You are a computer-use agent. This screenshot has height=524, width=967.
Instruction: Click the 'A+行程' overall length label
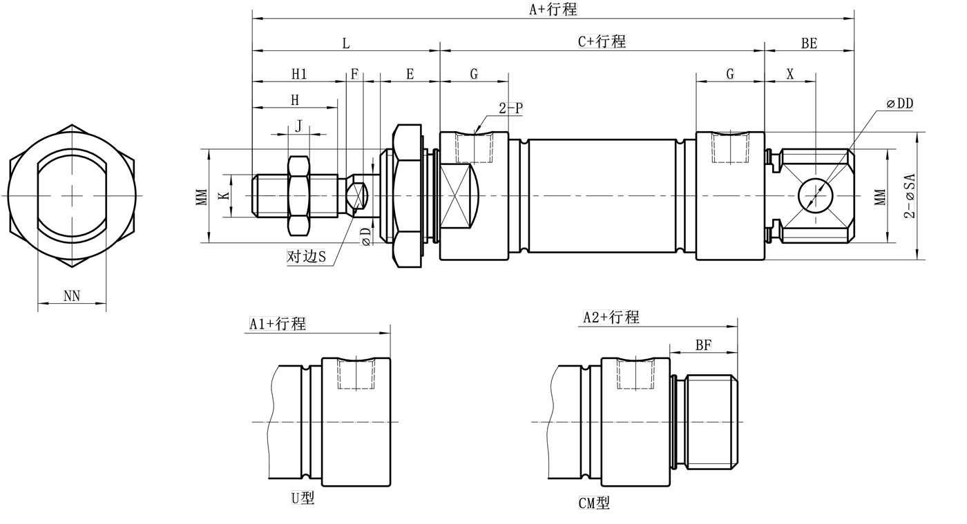point(553,10)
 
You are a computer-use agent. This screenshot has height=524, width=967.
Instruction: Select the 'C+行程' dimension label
point(602,41)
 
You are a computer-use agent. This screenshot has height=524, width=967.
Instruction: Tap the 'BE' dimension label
point(809,43)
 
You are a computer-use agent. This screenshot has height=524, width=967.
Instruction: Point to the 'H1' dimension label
point(298,74)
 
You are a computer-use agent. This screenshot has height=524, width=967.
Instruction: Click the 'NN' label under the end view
point(72,296)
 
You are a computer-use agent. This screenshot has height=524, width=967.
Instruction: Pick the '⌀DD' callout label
point(899,104)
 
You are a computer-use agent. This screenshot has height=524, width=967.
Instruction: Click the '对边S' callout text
point(306,257)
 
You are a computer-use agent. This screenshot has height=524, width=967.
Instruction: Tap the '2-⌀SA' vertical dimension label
point(910,195)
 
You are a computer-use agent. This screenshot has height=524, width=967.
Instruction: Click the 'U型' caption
point(303,498)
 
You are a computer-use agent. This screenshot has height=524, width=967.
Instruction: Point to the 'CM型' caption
point(594,503)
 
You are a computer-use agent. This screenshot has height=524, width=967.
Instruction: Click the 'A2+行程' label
point(611,318)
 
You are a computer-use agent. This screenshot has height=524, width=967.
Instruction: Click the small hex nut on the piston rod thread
point(298,196)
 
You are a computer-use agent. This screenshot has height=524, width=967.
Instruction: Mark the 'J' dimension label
point(298,126)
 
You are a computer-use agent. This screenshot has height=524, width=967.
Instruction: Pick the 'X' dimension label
point(790,74)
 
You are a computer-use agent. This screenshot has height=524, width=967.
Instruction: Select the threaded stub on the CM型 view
point(711,421)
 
